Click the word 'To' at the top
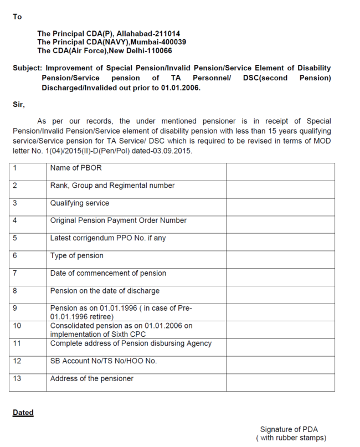click(x=17, y=17)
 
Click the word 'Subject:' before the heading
click(x=26, y=68)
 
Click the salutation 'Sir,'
click(x=18, y=104)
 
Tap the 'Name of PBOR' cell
click(x=75, y=168)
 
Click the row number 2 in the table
click(x=14, y=186)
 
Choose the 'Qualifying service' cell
click(x=79, y=203)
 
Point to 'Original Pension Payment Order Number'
click(x=118, y=220)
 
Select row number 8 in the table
click(x=14, y=291)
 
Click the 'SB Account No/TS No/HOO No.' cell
click(x=103, y=361)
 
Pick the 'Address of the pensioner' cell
click(x=91, y=379)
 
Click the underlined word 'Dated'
click(x=23, y=413)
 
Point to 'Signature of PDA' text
click(x=289, y=429)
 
